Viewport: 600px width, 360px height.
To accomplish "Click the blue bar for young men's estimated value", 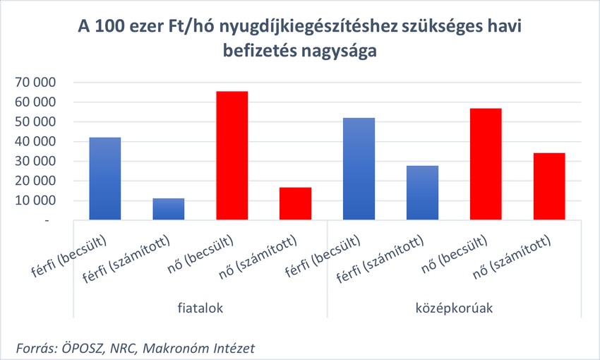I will tap(105, 179).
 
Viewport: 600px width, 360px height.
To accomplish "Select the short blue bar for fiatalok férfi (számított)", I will tap(169, 209).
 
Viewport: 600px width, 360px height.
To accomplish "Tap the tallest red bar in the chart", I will tap(232, 155).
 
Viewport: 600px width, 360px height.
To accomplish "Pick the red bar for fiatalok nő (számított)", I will tap(295, 203).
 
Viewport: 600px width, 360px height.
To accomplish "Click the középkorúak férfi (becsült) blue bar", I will tap(359, 169).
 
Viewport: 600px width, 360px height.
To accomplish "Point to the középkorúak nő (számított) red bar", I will tap(548, 186).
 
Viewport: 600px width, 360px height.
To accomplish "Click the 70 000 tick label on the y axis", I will tap(35, 83).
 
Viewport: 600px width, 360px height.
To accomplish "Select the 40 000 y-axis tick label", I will tap(35, 142).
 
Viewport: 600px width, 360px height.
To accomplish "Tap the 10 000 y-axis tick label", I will tap(35, 201).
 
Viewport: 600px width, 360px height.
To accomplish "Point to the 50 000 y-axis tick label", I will tap(35, 122).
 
